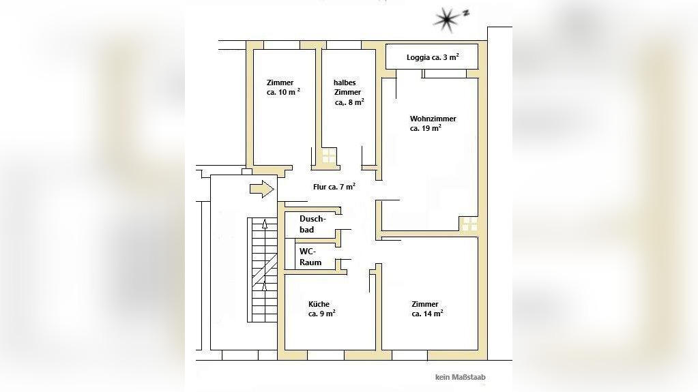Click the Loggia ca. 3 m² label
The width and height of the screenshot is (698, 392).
(x=433, y=57)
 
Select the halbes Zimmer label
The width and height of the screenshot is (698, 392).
(x=349, y=92)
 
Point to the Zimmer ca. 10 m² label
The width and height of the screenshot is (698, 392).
(x=283, y=87)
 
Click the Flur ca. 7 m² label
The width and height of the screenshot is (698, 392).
(x=334, y=187)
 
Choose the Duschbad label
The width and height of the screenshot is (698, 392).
(x=312, y=224)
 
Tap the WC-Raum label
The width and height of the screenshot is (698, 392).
(x=310, y=257)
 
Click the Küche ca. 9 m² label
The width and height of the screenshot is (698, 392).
(x=321, y=309)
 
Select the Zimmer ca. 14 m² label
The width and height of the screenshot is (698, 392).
(x=427, y=309)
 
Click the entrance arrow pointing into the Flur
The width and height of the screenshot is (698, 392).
(x=262, y=189)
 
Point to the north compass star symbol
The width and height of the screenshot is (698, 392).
(x=446, y=20)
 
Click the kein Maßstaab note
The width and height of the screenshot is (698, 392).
(x=461, y=377)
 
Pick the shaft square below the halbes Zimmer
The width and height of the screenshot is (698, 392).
(x=329, y=155)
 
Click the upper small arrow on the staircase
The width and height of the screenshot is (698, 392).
(x=265, y=224)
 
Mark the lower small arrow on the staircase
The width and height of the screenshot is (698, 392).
(x=265, y=286)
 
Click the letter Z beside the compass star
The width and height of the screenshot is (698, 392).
(x=465, y=13)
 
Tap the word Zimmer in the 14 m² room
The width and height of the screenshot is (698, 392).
(x=425, y=304)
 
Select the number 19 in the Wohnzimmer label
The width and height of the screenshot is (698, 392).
(x=426, y=129)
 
